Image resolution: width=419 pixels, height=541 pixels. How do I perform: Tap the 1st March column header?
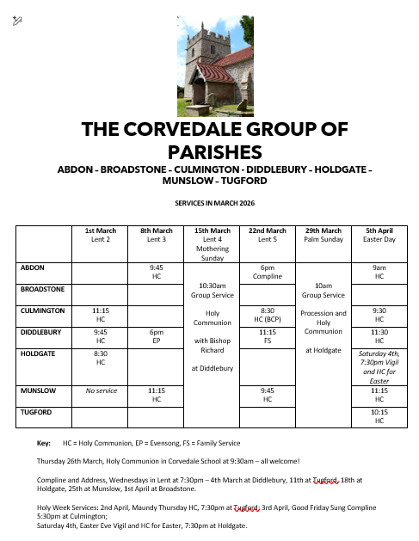point(101,235)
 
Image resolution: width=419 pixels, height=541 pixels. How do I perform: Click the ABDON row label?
point(33,267)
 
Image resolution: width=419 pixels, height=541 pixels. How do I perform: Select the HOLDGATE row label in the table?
point(37,353)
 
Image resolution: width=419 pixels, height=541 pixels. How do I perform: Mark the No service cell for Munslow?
point(101,390)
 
